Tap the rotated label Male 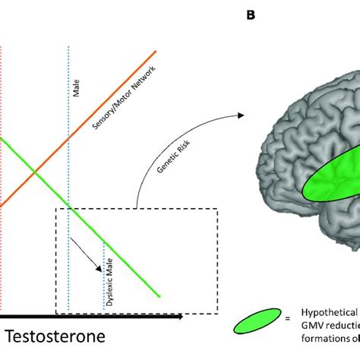tap(76, 92)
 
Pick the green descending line tap(114, 250)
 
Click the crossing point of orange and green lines tap(35, 174)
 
